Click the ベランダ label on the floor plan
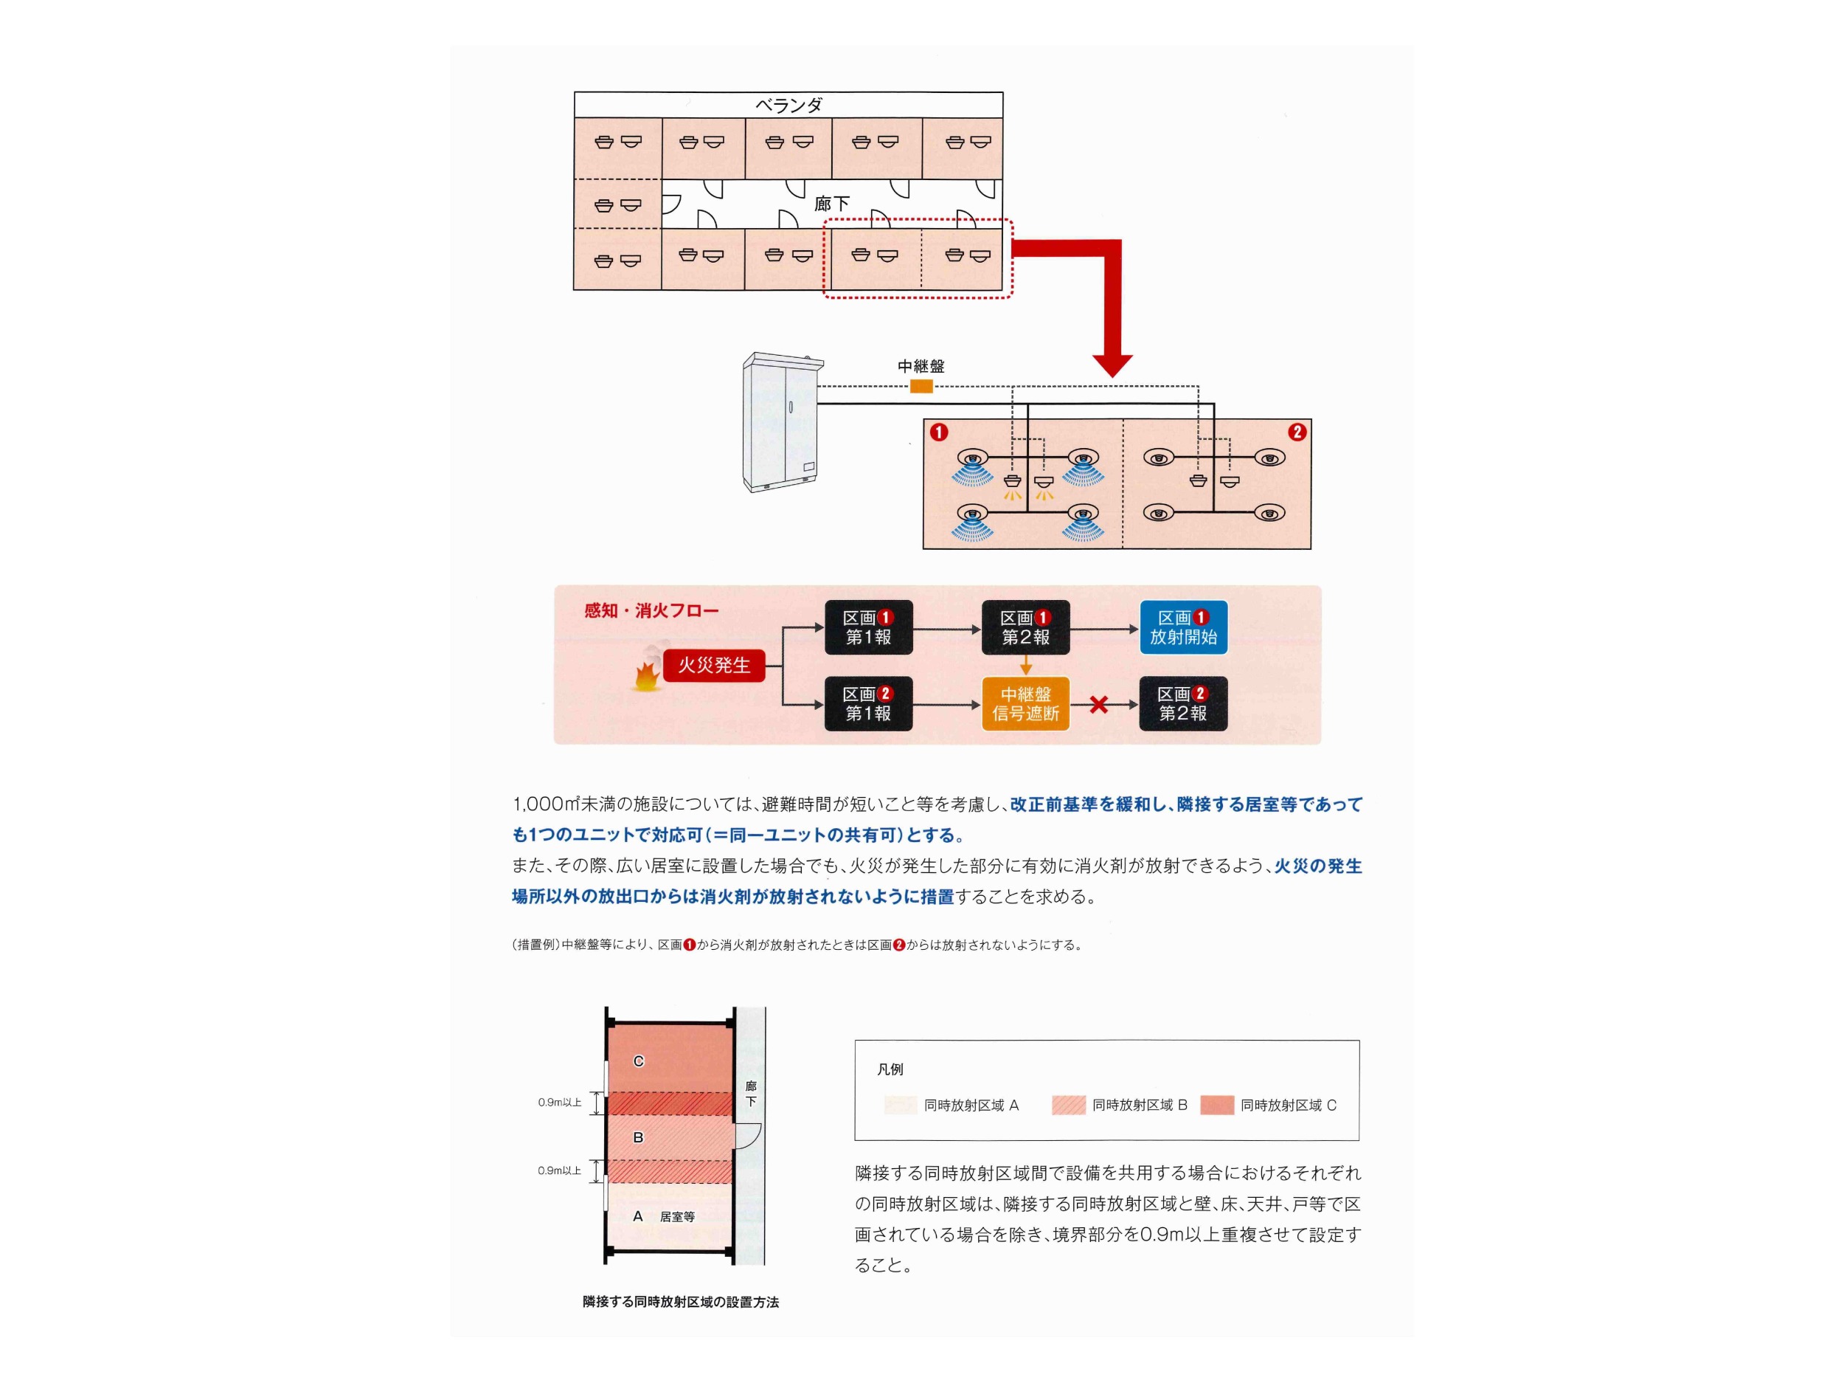(788, 105)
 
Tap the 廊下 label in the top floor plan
(831, 204)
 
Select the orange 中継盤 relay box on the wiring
(921, 386)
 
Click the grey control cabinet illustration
(783, 422)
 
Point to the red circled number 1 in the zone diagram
(940, 432)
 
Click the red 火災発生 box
(715, 665)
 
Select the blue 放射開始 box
(1183, 627)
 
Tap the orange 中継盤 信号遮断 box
(1025, 704)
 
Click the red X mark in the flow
(1099, 705)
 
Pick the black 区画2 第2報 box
(1183, 704)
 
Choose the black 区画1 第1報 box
(869, 627)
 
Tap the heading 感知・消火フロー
(651, 610)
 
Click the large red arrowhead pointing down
(1113, 366)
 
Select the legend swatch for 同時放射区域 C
(1216, 1106)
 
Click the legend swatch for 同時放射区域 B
(1069, 1106)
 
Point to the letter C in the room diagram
(639, 1061)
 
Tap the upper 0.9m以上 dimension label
(560, 1103)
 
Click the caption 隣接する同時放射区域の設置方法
(680, 1301)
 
